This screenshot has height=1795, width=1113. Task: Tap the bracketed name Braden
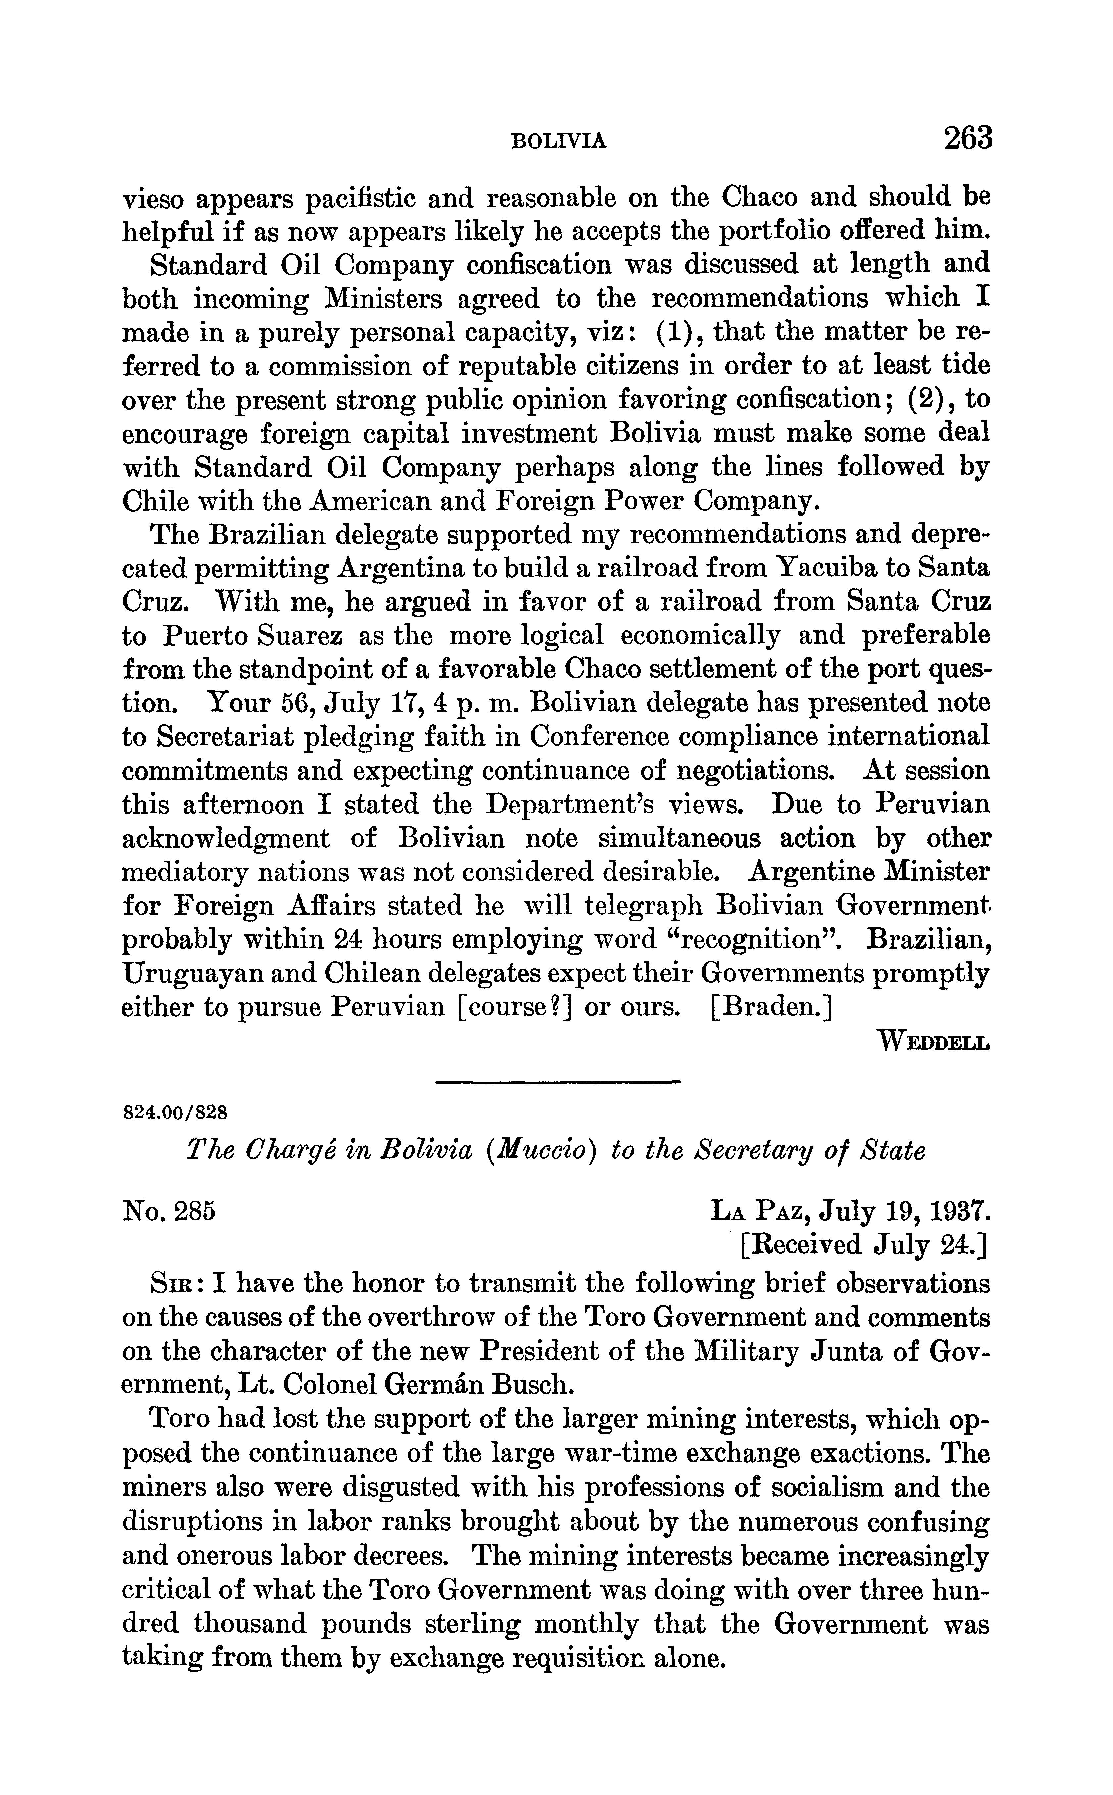coord(771,1007)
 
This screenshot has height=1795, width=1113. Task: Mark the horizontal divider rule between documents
coord(557,1081)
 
